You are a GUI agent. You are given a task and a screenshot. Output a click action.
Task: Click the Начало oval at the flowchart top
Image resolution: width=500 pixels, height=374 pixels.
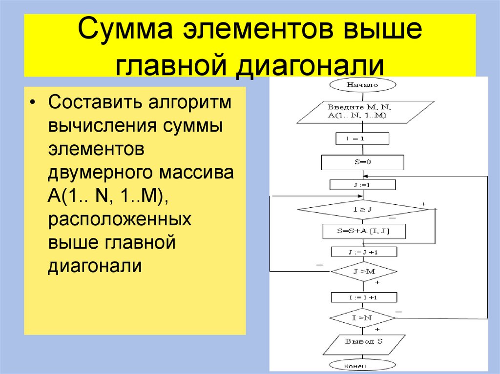[362, 84]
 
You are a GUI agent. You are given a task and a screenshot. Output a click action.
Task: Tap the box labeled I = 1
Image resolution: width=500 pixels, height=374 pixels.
[362, 139]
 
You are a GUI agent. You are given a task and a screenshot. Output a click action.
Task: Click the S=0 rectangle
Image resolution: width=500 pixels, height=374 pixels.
[362, 162]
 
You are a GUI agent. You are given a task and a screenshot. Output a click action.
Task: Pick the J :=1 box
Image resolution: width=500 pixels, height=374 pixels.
[362, 185]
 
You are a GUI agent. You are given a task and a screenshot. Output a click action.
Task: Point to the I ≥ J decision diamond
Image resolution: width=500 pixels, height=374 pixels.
[362, 210]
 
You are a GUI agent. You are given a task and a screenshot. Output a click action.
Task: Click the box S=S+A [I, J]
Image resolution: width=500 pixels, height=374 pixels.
[364, 232]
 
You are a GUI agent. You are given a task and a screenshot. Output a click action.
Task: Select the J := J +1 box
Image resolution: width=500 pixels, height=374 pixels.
[364, 252]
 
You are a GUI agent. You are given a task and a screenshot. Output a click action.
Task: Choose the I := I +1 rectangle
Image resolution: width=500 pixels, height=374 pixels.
[364, 297]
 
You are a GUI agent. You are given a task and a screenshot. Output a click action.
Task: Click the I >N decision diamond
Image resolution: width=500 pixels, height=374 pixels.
[362, 318]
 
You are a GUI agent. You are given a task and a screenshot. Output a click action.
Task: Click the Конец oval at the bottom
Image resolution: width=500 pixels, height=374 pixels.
[362, 366]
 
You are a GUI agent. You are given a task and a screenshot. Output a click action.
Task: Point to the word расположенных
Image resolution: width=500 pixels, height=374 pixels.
[119, 219]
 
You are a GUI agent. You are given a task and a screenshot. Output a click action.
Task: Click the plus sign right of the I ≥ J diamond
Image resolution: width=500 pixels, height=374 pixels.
[423, 203]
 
